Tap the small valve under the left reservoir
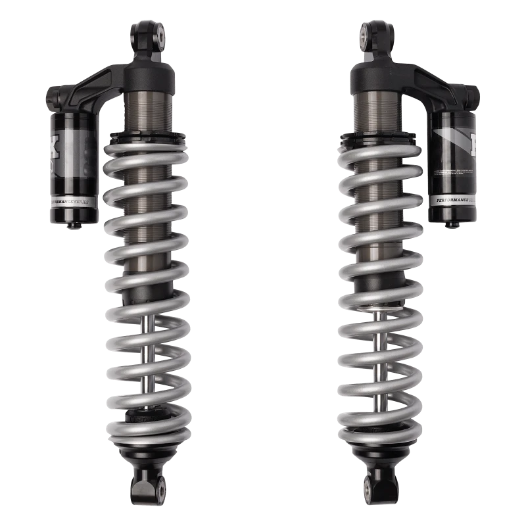pyautogui.click(x=68, y=226)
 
